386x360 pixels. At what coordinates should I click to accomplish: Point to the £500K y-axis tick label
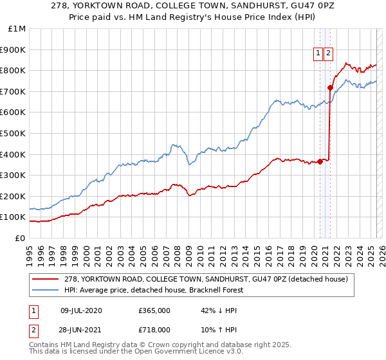[14, 134]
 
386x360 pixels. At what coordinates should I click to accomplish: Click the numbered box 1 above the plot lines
[318, 54]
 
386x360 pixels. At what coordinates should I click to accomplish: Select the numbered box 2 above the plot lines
[328, 54]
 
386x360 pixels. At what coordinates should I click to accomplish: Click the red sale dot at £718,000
[330, 87]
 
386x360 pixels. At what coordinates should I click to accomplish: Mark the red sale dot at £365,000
[320, 161]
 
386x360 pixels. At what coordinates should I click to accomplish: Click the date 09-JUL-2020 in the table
[80, 310]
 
